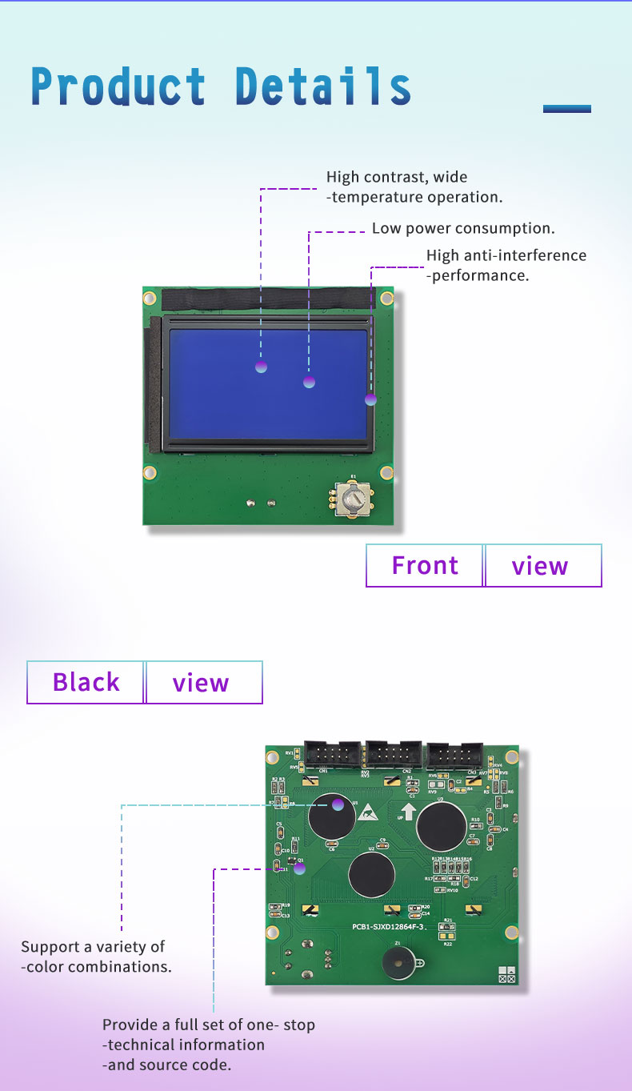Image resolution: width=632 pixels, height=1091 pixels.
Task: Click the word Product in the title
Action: tap(118, 86)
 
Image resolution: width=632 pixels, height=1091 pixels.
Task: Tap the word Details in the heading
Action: tap(323, 86)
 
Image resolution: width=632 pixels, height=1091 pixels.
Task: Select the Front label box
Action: tap(425, 565)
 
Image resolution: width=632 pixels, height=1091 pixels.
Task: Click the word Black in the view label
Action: tap(86, 682)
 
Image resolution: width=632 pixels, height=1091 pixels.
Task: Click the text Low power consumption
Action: tap(463, 228)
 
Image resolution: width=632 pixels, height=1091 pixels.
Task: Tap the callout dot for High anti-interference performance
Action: tap(370, 399)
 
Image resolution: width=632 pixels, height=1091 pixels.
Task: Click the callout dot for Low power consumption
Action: tap(309, 383)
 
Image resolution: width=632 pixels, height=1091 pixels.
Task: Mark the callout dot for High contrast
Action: tap(261, 367)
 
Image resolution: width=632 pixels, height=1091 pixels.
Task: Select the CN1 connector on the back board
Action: tap(329, 754)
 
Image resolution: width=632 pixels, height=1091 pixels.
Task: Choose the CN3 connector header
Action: tap(454, 755)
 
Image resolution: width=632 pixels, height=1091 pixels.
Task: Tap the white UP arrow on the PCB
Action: tap(408, 812)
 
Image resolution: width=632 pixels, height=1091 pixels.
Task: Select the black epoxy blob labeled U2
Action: tap(371, 874)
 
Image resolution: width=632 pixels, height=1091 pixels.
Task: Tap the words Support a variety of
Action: tap(93, 947)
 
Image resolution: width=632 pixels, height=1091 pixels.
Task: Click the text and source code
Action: tap(166, 1065)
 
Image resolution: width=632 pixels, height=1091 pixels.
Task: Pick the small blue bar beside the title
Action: tap(566, 109)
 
